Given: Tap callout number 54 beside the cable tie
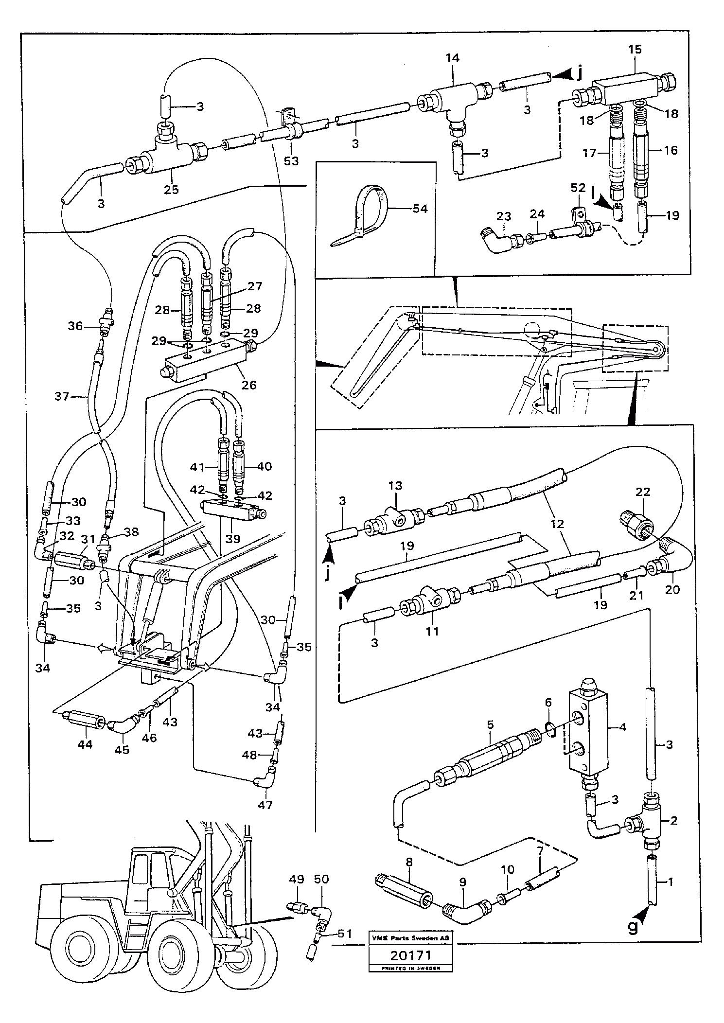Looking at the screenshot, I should (420, 209).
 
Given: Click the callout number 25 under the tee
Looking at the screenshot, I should (171, 190).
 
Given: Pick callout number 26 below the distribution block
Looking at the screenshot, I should (249, 385).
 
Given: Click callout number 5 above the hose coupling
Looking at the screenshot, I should (490, 724).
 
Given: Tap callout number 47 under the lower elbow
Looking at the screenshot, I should (265, 805).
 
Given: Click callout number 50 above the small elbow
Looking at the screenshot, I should (321, 879).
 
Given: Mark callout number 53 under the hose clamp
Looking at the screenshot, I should (291, 160).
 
